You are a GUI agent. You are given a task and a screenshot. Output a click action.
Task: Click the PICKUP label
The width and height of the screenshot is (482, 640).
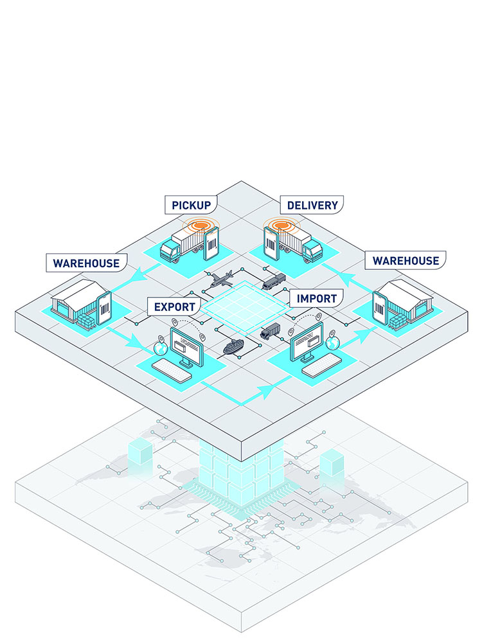(191, 205)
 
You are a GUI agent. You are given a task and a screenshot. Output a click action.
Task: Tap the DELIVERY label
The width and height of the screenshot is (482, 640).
(312, 205)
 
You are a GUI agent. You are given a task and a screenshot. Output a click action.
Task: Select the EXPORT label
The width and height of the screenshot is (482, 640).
(174, 307)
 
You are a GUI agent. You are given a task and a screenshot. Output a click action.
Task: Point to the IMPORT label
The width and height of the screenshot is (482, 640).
(316, 298)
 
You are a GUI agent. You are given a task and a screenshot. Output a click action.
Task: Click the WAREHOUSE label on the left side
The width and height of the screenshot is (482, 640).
(86, 263)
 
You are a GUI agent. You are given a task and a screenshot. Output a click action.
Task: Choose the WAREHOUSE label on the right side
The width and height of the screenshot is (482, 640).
(406, 260)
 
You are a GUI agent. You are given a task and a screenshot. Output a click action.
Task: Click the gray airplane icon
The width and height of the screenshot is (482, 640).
(222, 279)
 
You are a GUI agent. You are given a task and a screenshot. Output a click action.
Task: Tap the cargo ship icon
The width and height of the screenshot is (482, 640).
(233, 346)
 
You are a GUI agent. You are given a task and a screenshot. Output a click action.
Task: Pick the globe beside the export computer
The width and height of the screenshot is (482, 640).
(161, 348)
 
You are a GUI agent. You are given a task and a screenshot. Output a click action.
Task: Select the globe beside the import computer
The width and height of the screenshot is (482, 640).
(333, 343)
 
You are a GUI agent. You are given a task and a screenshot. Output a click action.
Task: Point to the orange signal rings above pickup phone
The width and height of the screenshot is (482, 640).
(201, 225)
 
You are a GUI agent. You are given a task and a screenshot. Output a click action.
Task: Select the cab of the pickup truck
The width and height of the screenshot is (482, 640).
(170, 250)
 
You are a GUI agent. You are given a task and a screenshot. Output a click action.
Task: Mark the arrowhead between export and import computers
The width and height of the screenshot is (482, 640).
(267, 391)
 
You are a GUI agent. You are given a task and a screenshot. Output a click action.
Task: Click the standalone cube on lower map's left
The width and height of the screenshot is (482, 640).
(140, 452)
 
